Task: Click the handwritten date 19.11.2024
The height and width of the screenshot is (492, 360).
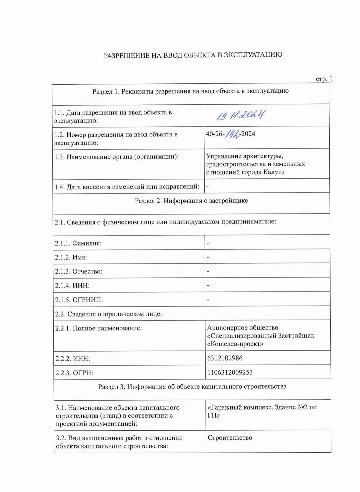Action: point(241,115)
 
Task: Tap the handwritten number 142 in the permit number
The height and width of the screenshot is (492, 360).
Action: point(233,134)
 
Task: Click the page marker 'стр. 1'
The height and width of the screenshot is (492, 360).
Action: point(324,79)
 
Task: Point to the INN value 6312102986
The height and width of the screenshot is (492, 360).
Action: point(225,358)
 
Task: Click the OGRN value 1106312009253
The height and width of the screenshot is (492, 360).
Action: point(230,372)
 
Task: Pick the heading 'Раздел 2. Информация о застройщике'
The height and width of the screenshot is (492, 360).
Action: point(191,201)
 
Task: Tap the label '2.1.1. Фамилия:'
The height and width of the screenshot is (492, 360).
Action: point(78,243)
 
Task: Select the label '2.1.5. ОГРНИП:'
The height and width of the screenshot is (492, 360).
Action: point(79,300)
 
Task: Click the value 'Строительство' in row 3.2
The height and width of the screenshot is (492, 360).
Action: point(230,438)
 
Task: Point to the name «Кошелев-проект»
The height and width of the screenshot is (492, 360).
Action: point(235,344)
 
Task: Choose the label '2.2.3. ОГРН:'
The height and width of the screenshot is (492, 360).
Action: point(74,373)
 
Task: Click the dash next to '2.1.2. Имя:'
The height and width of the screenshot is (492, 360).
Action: point(208,257)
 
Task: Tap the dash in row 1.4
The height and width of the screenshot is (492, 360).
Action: point(208,187)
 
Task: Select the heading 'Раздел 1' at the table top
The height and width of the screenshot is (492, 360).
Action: point(190,91)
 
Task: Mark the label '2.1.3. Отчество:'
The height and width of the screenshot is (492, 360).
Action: point(79,272)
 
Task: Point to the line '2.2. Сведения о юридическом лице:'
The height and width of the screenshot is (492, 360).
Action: point(108,314)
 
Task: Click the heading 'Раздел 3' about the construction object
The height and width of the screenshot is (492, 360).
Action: point(192,387)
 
